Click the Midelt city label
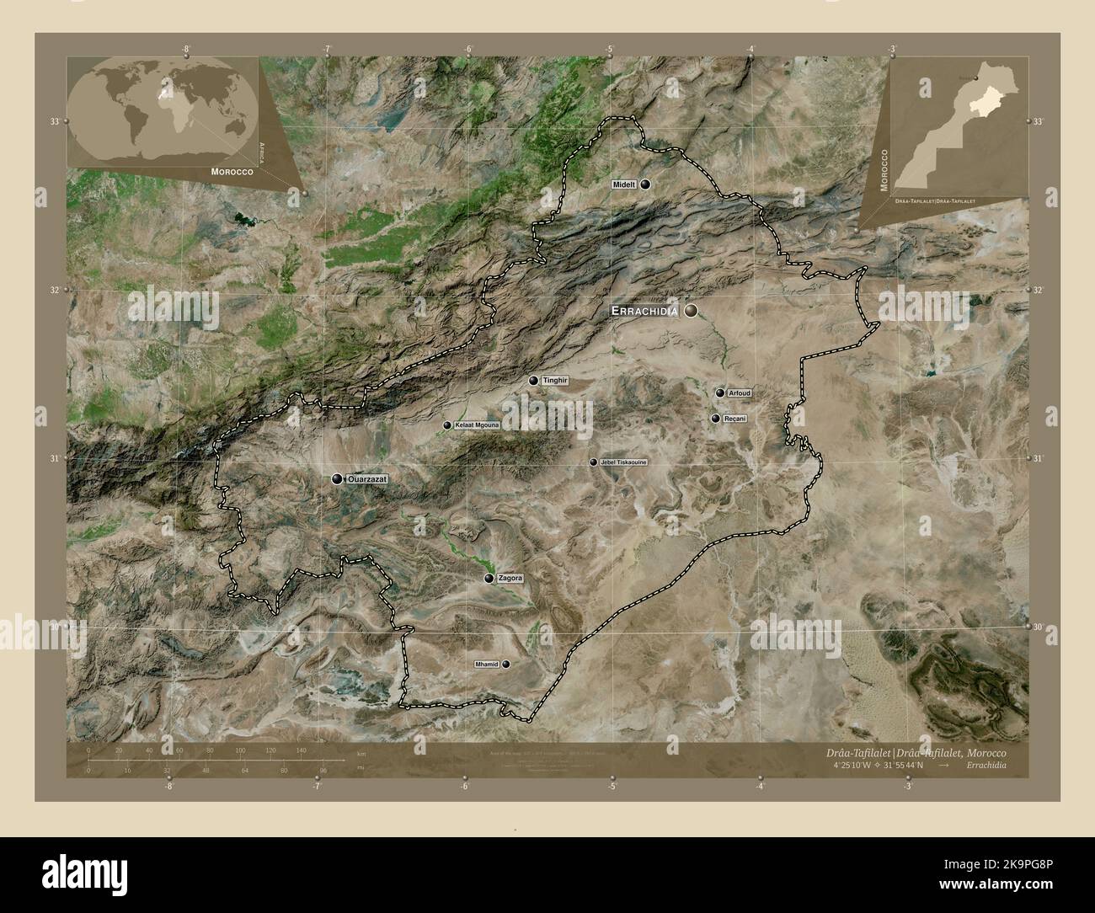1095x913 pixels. click(x=624, y=184)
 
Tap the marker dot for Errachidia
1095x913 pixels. click(x=692, y=312)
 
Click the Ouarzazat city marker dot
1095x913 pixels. click(x=337, y=478)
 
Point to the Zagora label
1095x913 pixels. click(x=510, y=579)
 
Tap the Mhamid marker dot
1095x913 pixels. click(x=505, y=664)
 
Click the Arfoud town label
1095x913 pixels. click(x=740, y=392)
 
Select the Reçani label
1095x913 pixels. click(x=735, y=418)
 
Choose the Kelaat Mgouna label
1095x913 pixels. click(x=477, y=425)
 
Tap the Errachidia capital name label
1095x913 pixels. click(x=644, y=312)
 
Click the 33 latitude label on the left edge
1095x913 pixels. click(x=54, y=121)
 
